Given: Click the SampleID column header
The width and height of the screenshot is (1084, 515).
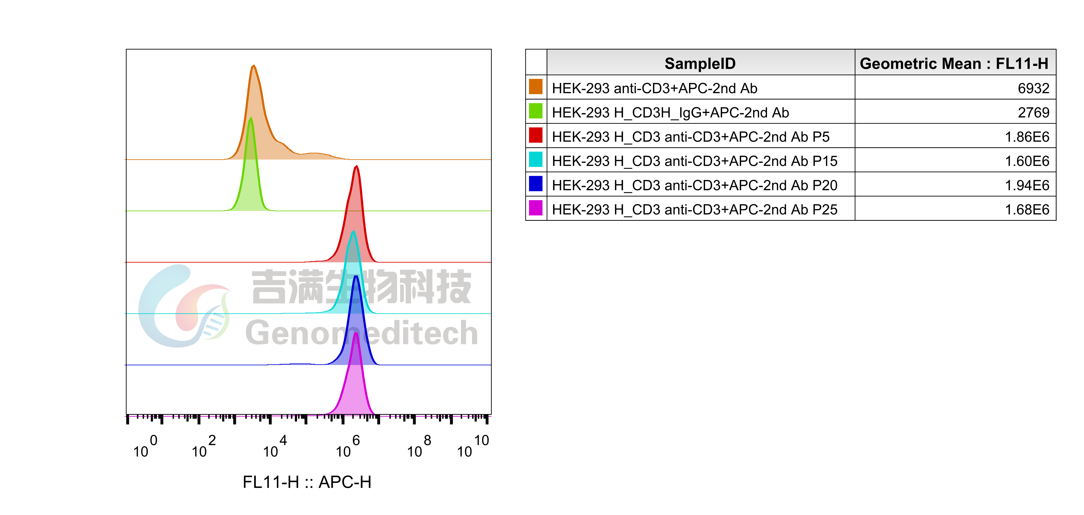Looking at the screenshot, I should pos(700,64).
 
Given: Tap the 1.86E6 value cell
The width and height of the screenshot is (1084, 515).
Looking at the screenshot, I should pos(1027,137).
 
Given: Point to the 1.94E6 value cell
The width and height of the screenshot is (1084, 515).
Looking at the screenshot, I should pos(1027,185).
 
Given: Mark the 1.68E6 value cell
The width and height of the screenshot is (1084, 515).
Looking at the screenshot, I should pos(1027,210).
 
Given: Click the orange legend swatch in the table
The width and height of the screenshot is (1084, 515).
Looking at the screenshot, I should pos(536,87).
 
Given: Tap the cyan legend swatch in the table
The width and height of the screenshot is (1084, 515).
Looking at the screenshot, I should pos(536,160).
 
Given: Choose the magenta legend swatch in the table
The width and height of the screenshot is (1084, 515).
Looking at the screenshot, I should pos(536,208).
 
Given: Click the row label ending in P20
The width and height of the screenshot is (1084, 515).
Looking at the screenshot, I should pos(694,185).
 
